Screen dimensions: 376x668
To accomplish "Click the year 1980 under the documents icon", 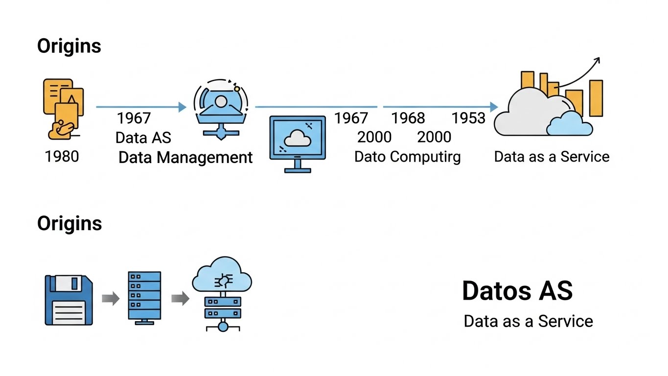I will pos(62,156).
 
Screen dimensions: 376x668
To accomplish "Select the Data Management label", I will pos(185,157).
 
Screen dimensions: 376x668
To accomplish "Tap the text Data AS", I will pos(143,138).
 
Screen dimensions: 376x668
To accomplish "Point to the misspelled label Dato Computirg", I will pos(407,157).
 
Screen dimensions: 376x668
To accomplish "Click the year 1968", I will pos(408,118).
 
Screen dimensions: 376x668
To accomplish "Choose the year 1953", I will pos(468,118).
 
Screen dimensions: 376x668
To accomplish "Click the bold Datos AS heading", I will pos(517,291).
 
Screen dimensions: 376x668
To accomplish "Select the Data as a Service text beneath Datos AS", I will pos(528,321).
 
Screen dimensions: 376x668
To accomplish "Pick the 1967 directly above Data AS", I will pos(134,118).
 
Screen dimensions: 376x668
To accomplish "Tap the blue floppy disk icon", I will pos(69,300).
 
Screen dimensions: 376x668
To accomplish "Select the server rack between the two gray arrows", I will pos(144,297).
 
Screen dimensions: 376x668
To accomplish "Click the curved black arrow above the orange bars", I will pos(580,72).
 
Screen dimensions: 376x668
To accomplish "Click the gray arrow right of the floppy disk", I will pos(111,298).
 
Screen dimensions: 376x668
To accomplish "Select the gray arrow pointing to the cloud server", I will pos(180,298).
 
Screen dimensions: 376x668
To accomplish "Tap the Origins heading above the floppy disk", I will pos(69,223).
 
